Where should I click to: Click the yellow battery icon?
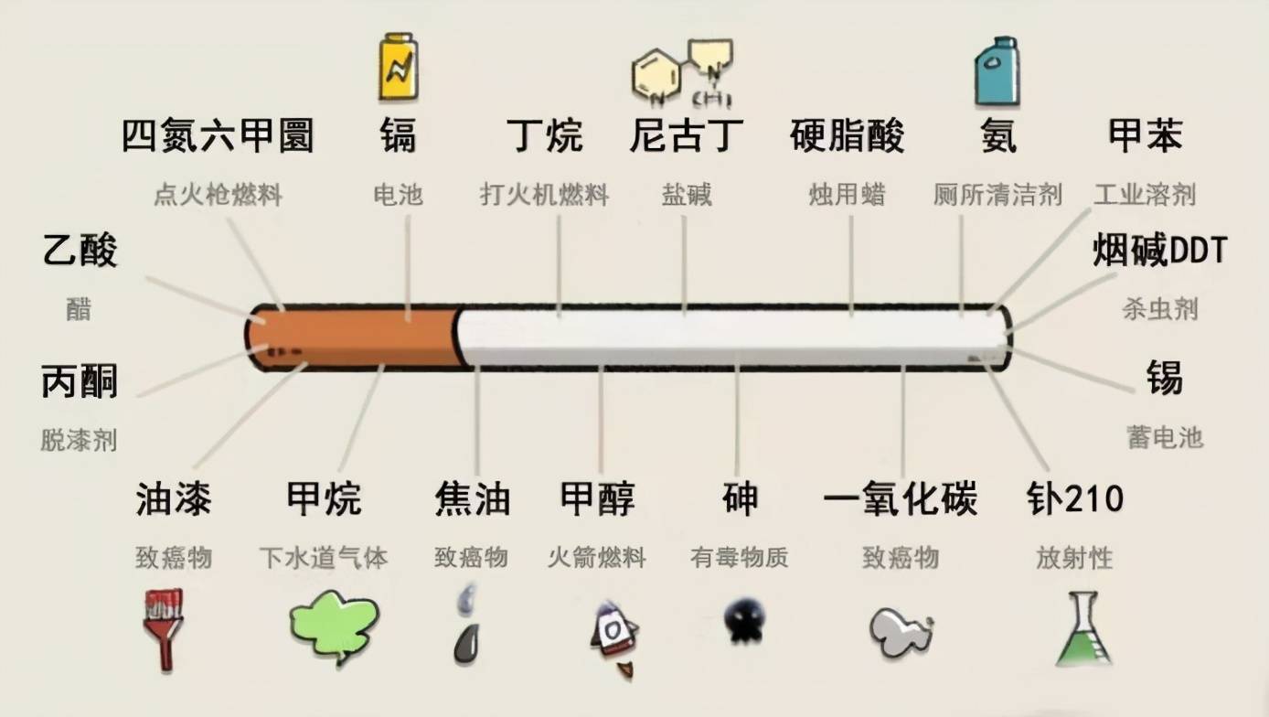pos(399,67)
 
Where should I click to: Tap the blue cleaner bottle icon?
pos(997,72)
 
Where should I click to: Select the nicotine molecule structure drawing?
pos(683,72)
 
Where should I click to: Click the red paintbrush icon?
pos(164,630)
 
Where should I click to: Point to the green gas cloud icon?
pos(335,626)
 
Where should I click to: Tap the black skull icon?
pos(744,620)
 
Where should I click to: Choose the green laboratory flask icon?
pos(1084,629)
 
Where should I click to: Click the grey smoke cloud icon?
pos(901,631)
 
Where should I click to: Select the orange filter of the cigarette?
pos(354,337)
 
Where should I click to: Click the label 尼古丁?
pos(687,136)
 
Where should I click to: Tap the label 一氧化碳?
pos(901,498)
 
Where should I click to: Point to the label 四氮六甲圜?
pos(218,136)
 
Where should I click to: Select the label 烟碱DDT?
pos(1159,250)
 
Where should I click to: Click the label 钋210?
pos(1074,498)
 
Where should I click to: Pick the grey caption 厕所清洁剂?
pos(997,195)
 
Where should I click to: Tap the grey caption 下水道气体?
pos(324,558)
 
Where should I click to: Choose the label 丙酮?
pos(80,381)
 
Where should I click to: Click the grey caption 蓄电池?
pos(1165,437)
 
